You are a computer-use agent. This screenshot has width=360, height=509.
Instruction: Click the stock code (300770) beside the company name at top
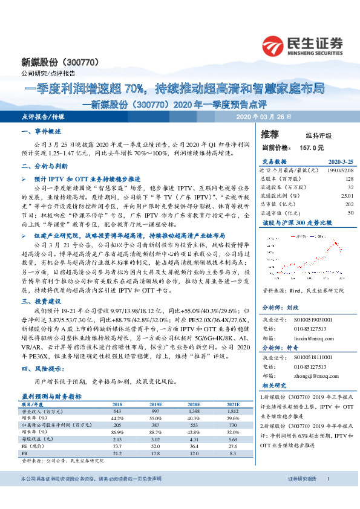tap(79, 62)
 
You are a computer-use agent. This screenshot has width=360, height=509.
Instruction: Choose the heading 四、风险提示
tap(39, 368)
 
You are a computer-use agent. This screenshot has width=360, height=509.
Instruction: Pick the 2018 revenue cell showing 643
tap(117, 411)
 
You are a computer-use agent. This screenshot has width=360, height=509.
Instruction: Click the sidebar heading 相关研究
tap(273, 385)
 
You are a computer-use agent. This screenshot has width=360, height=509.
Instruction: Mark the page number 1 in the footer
tap(328, 496)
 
